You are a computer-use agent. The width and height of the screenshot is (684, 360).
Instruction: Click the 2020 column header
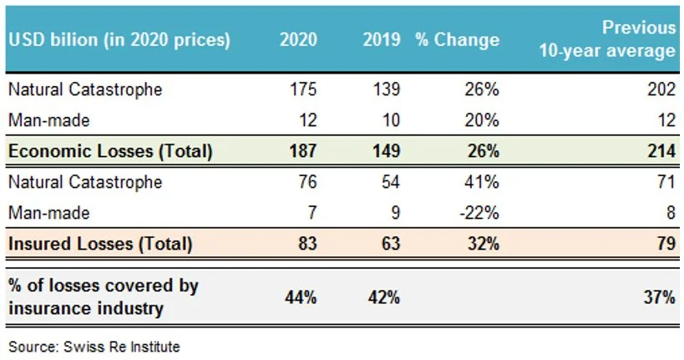click(298, 39)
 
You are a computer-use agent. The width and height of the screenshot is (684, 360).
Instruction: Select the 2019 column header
click(383, 39)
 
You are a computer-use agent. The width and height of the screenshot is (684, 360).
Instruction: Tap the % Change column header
click(457, 39)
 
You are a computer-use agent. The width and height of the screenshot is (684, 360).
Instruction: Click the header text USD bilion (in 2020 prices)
click(119, 39)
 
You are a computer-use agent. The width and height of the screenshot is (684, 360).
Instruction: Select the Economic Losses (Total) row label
click(110, 151)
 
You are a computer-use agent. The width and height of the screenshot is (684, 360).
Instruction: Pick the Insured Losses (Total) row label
click(100, 244)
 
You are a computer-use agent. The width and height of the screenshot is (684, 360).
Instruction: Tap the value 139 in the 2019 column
click(388, 89)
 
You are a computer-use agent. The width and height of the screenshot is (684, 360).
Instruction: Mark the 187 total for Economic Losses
click(303, 151)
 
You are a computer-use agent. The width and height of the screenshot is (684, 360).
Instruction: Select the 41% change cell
click(484, 182)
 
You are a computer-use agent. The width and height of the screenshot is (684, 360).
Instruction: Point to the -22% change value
click(481, 213)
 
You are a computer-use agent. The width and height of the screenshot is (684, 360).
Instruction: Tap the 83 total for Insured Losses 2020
click(307, 244)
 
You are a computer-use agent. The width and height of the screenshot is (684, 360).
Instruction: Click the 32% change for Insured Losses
click(484, 244)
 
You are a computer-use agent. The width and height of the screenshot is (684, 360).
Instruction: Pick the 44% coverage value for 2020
click(301, 297)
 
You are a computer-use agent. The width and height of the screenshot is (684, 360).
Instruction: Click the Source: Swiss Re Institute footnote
click(94, 345)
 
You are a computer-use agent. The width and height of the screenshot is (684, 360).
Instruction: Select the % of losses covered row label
click(104, 297)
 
